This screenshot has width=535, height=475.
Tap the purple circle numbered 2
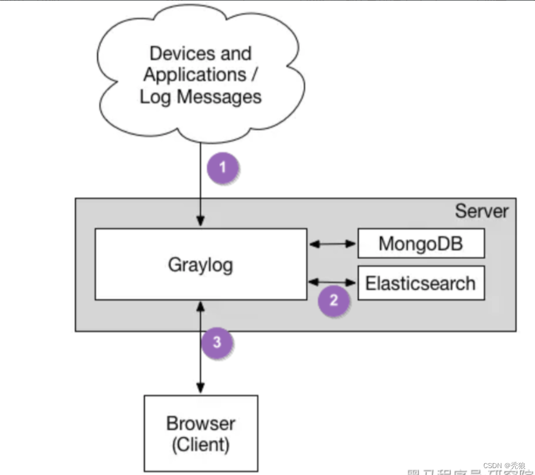pos(333,301)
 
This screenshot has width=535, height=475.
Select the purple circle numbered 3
pos(216,342)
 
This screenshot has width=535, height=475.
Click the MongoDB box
pos(420,243)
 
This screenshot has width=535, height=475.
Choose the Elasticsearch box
pos(420,283)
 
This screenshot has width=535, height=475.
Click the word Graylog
pos(201,265)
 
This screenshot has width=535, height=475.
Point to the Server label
pos(481,211)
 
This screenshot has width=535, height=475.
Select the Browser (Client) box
pos(201,434)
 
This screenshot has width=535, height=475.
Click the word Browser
pos(201,424)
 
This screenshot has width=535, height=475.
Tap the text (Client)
pos(201,445)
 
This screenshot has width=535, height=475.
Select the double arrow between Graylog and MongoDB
pos(333,244)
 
